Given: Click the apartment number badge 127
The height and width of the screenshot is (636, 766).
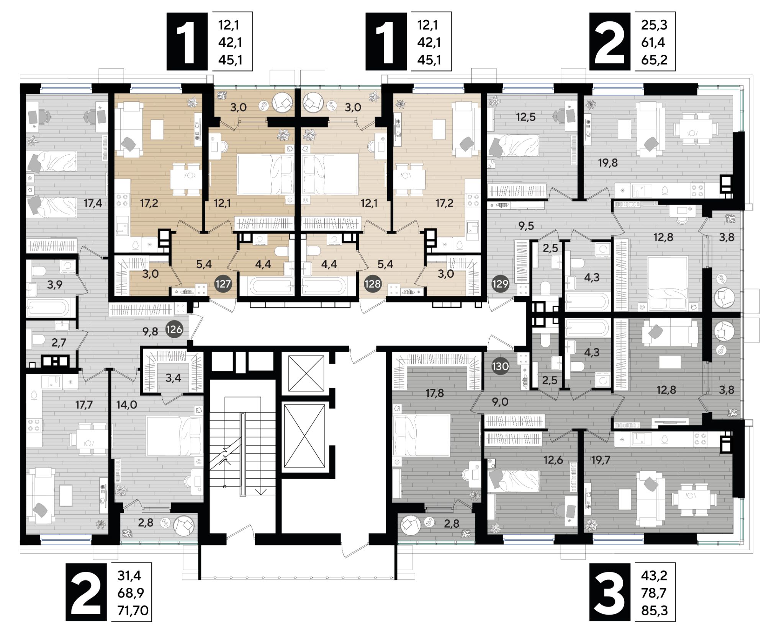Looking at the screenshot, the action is (x=223, y=284).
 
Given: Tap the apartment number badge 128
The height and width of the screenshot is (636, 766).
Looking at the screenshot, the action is (x=373, y=284).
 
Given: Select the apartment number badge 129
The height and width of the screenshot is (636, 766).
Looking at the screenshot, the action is (x=500, y=284).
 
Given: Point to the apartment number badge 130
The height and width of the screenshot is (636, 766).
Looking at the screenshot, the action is (x=500, y=366).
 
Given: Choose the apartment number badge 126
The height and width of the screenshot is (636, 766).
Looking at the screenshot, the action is (x=174, y=329).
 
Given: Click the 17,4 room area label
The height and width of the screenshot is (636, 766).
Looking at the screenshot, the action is (x=93, y=203).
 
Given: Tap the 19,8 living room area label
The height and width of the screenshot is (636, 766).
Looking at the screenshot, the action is (x=608, y=163).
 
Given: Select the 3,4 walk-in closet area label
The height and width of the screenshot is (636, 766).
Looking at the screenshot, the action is (x=173, y=378).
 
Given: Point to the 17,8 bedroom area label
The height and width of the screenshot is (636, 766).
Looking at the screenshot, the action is (x=435, y=393).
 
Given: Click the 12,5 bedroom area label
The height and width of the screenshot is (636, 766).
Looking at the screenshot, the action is (x=525, y=117).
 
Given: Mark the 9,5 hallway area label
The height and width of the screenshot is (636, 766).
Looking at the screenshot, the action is (x=526, y=226).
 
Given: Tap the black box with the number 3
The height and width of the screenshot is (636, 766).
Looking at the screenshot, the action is (x=610, y=592).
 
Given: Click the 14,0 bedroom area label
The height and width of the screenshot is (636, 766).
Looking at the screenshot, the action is (x=126, y=404).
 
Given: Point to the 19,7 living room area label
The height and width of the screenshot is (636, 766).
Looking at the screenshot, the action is (x=601, y=460).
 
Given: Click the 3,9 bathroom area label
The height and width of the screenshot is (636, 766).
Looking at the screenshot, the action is (x=55, y=285).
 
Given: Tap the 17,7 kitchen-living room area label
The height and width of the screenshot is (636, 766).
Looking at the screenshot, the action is (x=84, y=404).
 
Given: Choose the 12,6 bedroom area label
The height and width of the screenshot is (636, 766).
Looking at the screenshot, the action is (x=553, y=460).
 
